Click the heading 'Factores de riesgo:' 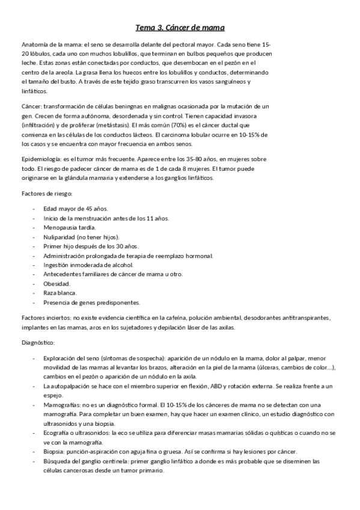tap(47, 194)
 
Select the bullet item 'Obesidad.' tap(57, 283)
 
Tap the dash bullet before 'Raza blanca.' tap(34, 293)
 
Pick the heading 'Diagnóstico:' tap(37, 342)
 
